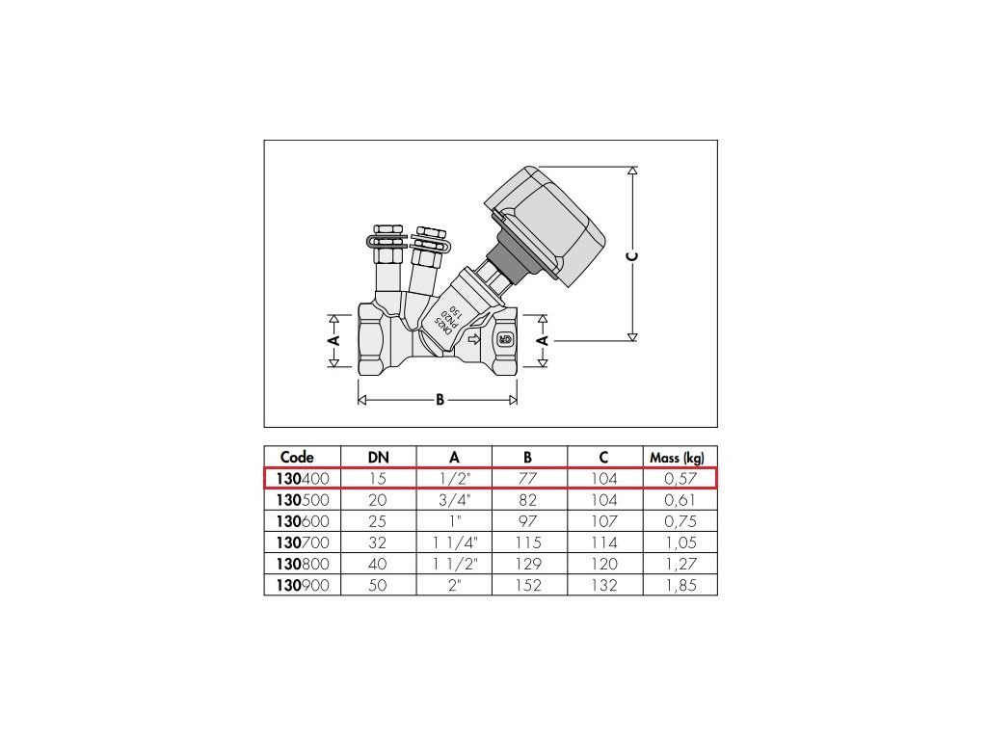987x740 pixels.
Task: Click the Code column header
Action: coord(297,458)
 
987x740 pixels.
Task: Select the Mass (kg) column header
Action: coord(678,458)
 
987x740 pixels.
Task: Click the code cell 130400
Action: coord(303,479)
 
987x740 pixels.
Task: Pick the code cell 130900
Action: coord(303,585)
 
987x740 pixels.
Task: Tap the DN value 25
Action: coord(378,521)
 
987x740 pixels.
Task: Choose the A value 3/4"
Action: coord(455,500)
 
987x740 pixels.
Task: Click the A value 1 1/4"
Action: coord(455,542)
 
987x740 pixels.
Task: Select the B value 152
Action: coord(528,585)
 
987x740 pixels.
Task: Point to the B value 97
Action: coord(528,521)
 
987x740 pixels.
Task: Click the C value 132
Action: coord(604,585)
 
